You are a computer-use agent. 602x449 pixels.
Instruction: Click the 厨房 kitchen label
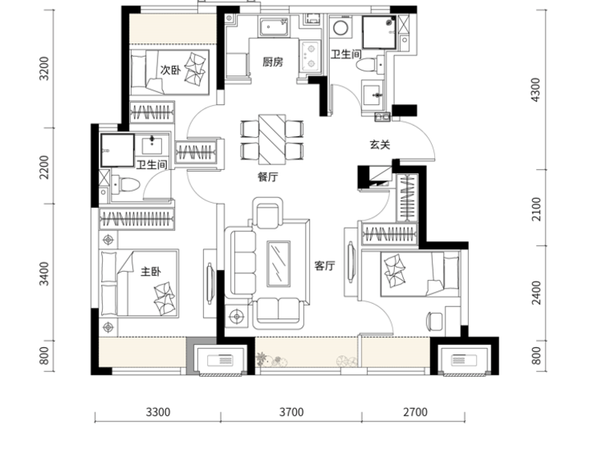(273, 62)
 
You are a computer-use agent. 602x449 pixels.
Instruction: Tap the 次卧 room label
(170, 71)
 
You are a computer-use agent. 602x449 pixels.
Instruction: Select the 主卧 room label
(151, 272)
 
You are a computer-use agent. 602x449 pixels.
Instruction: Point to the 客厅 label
(325, 265)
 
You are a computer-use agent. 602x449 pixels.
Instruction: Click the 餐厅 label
(267, 176)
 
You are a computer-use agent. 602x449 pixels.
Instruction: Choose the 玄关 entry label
(380, 144)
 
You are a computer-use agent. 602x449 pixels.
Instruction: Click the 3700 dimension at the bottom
(291, 412)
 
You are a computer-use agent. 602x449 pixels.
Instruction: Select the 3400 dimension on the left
(45, 273)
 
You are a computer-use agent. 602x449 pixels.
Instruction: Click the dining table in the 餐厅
(272, 140)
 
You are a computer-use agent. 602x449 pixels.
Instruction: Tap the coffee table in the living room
(279, 264)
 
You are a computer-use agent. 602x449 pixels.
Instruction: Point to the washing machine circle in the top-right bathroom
(340, 27)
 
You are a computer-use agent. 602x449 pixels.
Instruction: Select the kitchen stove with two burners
(310, 55)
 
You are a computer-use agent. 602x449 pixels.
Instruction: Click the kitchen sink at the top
(274, 26)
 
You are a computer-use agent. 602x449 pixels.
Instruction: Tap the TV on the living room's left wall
(209, 283)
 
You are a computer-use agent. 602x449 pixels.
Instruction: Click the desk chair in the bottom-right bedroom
(435, 322)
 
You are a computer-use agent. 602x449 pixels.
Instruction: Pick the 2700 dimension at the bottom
(415, 412)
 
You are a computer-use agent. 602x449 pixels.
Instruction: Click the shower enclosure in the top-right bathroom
(380, 32)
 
